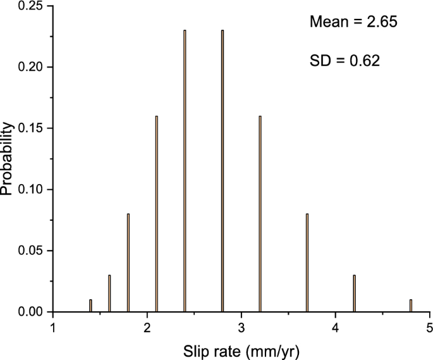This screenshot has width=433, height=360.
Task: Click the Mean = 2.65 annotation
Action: click(x=353, y=23)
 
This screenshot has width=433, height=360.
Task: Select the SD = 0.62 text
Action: click(x=344, y=61)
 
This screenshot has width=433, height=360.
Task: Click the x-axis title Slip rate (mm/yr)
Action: click(x=241, y=349)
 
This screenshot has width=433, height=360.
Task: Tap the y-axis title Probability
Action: click(x=8, y=158)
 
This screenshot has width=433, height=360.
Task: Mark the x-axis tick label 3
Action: click(x=241, y=328)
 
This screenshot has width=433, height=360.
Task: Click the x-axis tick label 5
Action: click(x=429, y=328)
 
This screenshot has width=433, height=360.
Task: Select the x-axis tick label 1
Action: click(x=54, y=328)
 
